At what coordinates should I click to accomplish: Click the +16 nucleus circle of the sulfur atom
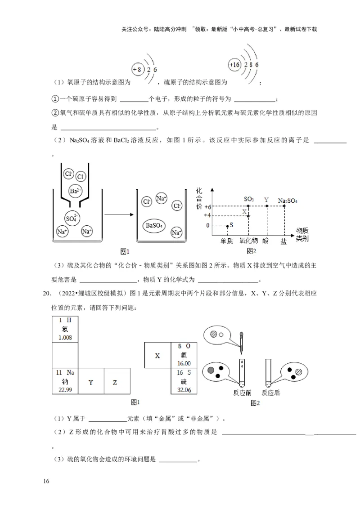[x=235, y=65]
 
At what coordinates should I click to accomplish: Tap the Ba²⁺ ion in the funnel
[x=76, y=191]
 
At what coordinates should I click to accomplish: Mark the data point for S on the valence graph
[x=227, y=225]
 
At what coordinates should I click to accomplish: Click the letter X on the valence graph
[x=245, y=211]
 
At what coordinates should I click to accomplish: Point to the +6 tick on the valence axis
[x=208, y=207]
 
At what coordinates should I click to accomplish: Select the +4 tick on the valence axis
[x=208, y=215]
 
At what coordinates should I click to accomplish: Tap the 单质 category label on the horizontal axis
[x=227, y=241]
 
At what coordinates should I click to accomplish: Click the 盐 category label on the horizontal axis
[x=283, y=241]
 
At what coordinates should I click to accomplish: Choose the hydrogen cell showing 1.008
[x=66, y=329]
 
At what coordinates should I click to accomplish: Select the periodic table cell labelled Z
[x=115, y=382]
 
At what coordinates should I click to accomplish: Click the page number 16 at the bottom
[x=46, y=482]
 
